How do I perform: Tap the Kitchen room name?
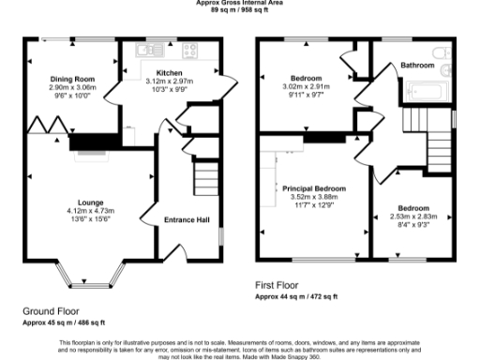(x=170, y=72)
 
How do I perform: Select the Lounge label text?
(x=91, y=202)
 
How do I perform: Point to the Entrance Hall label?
(x=187, y=219)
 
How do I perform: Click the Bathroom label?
(x=417, y=66)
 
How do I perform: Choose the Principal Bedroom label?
(x=314, y=188)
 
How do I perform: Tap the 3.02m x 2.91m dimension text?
(x=306, y=86)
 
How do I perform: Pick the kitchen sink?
(x=149, y=49)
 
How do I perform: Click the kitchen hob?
(x=196, y=50)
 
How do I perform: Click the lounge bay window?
(x=91, y=278)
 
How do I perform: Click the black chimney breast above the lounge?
(x=91, y=142)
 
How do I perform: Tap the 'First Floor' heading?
(x=278, y=284)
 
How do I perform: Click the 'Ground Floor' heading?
(x=51, y=310)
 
